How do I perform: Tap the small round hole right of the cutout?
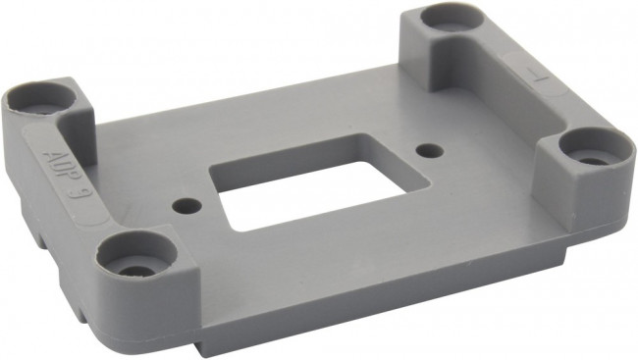tap(427, 150)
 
